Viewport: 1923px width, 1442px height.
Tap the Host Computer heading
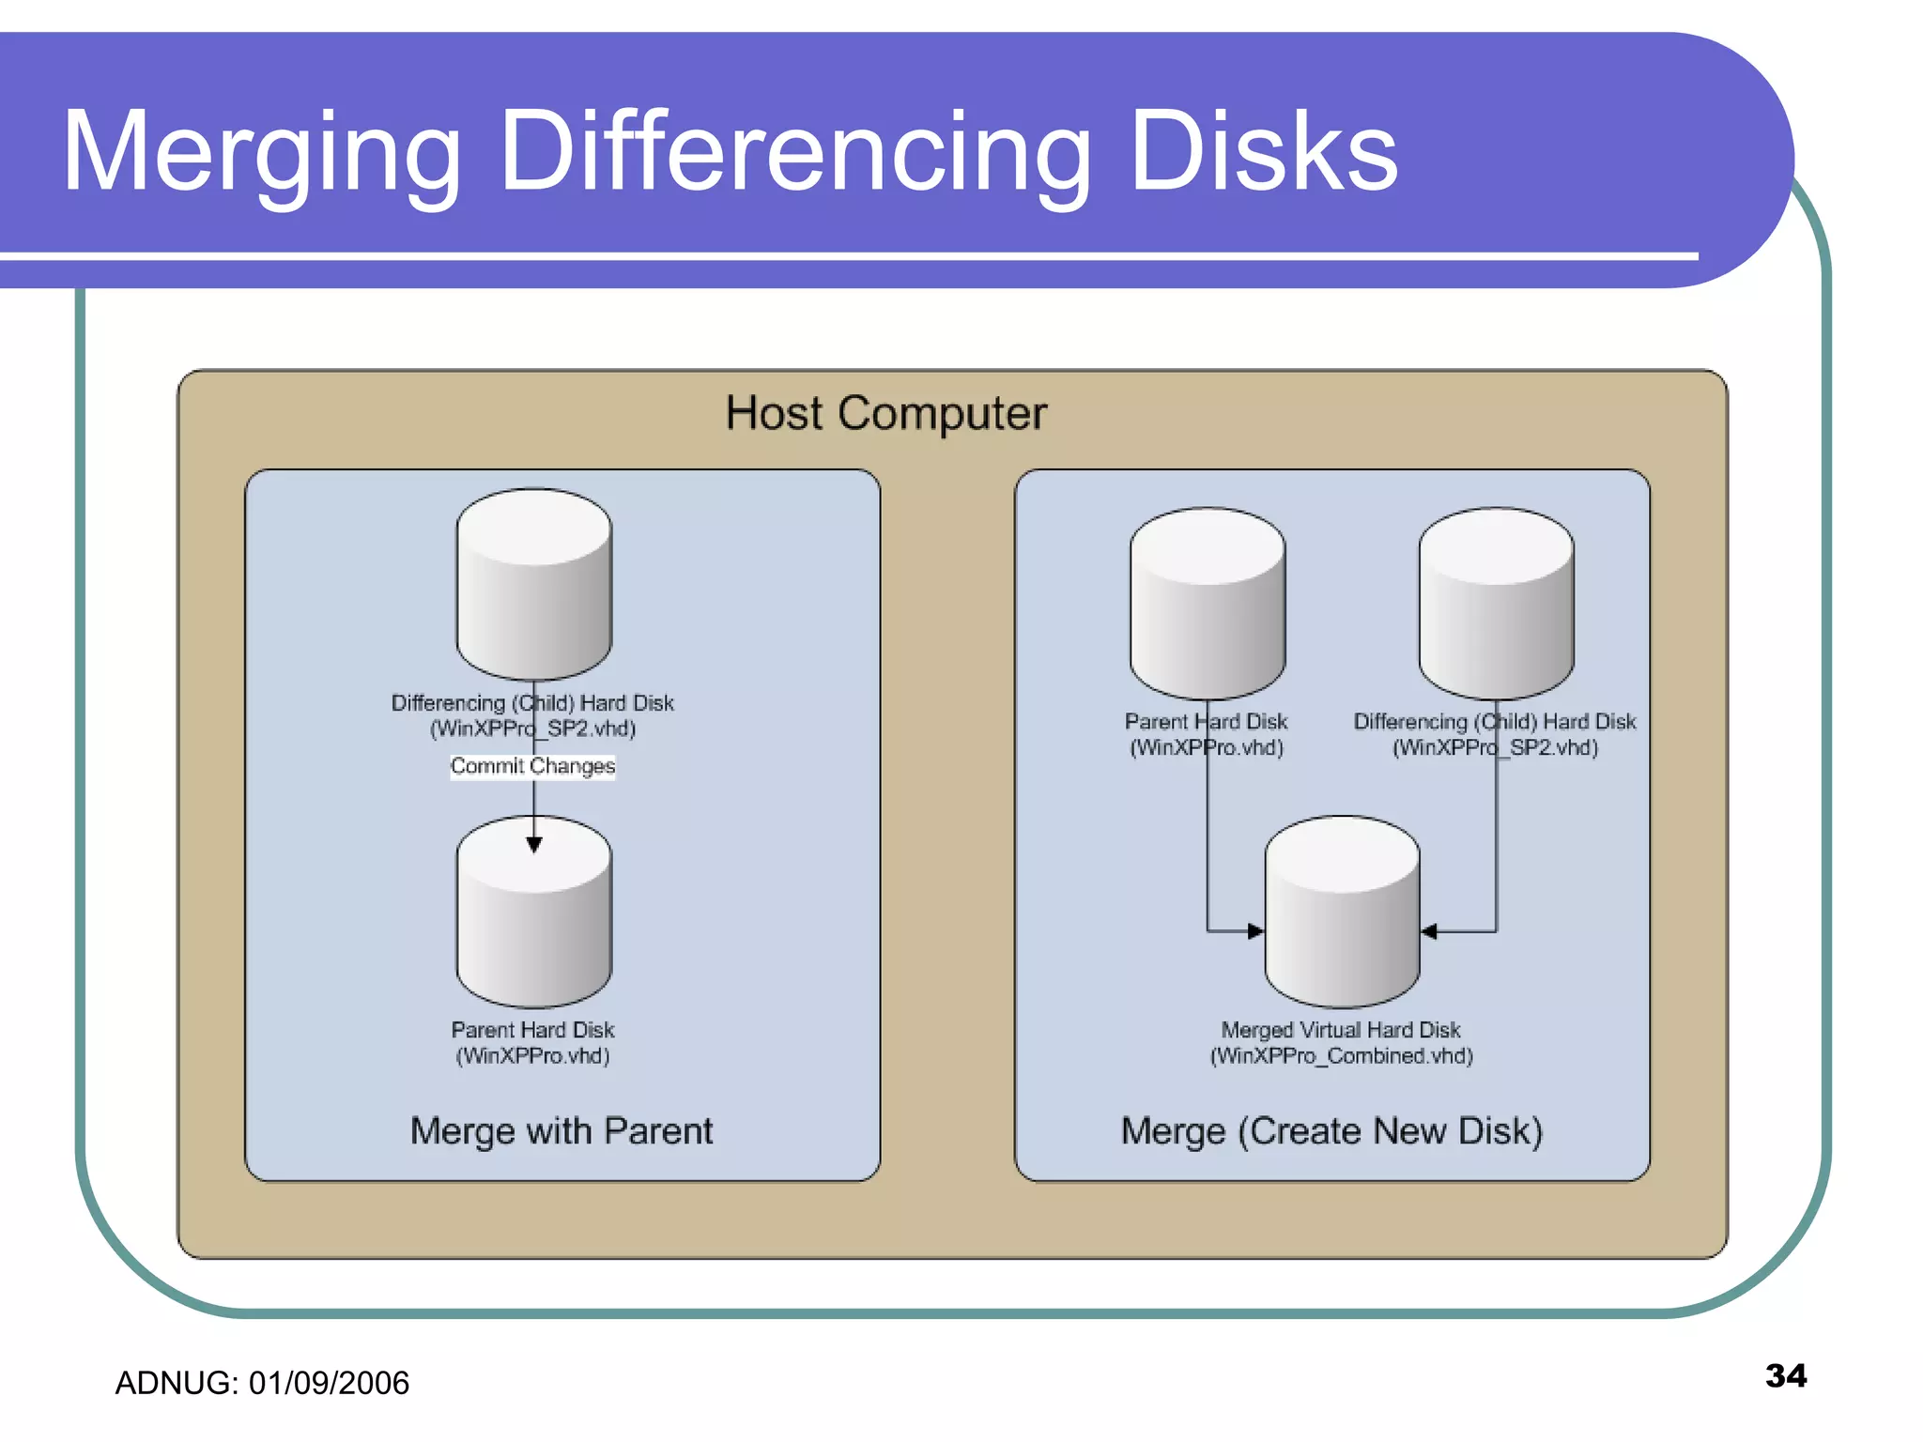pos(885,413)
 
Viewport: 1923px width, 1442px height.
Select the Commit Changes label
pos(532,766)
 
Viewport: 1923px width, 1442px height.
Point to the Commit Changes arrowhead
pos(533,844)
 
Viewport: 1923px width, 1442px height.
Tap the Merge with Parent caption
pos(562,1130)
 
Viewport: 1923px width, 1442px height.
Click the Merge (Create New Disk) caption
pos(1331,1130)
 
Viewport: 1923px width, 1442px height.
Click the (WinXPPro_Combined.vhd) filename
pos(1341,1056)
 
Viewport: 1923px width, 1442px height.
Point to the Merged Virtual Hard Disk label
pos(1341,1030)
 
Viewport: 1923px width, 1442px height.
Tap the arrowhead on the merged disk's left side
pos(1255,931)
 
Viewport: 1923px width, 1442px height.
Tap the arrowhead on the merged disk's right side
pos(1429,931)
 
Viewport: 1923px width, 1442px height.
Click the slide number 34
pos(1785,1375)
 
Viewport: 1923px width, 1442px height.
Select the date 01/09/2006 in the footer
pos(329,1383)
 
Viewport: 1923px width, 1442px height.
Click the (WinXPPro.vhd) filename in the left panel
pos(532,1056)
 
